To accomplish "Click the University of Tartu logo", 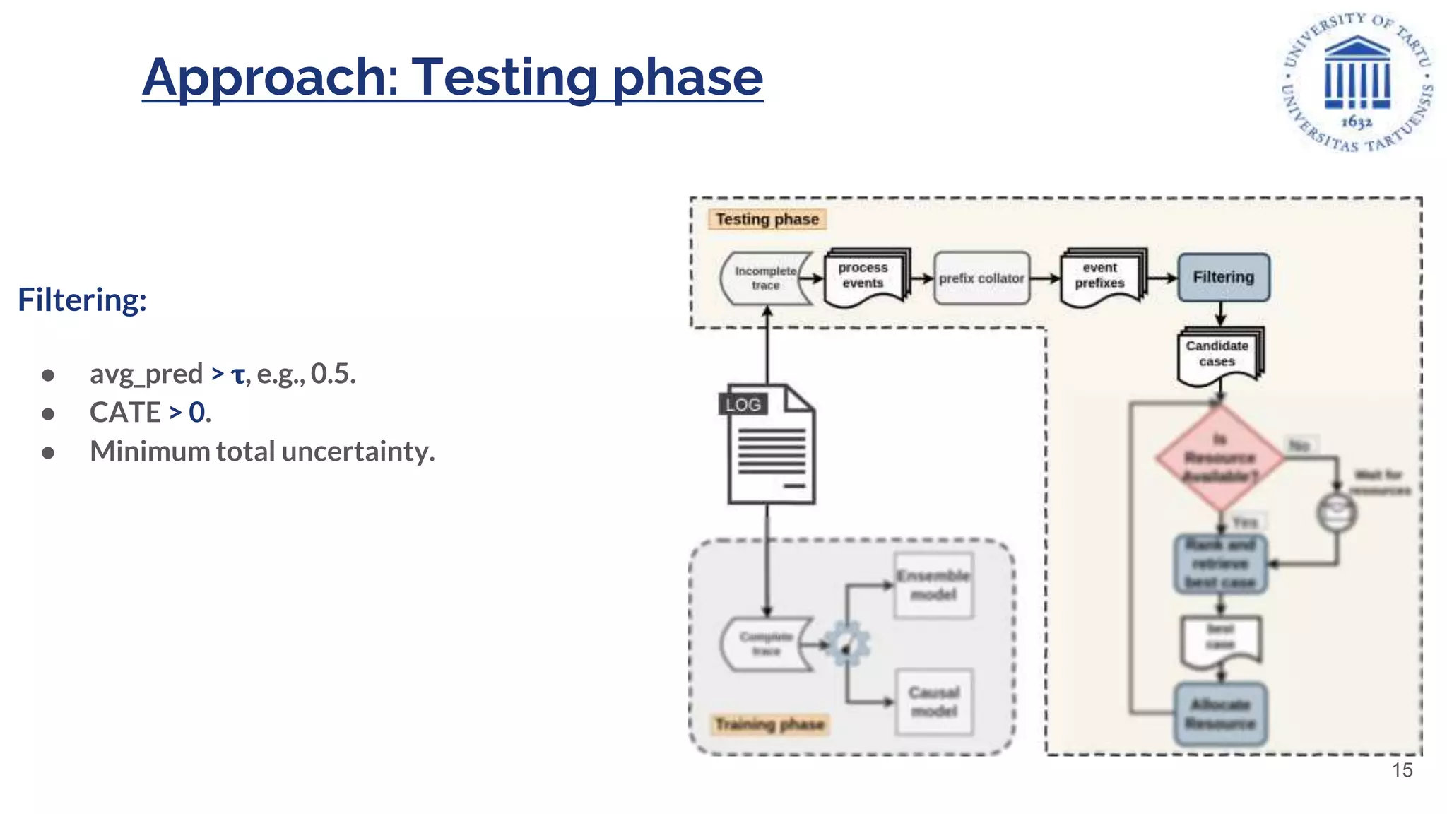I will point(1357,82).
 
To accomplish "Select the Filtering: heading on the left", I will point(82,300).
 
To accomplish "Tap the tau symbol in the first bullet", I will point(238,374).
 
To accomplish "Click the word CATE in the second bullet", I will point(125,413).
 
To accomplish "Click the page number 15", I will point(1402,770).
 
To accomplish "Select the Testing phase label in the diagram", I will point(767,219).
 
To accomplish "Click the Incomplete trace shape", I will point(765,278).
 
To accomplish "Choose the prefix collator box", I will point(981,278).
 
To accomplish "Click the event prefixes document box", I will point(1100,276).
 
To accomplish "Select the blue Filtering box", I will point(1223,277).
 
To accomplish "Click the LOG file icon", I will point(770,445).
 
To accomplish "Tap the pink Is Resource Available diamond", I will point(1219,458).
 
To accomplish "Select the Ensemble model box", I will point(933,585).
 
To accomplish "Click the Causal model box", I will point(933,702).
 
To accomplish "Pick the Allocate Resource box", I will point(1220,714).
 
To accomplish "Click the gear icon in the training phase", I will point(846,644).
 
